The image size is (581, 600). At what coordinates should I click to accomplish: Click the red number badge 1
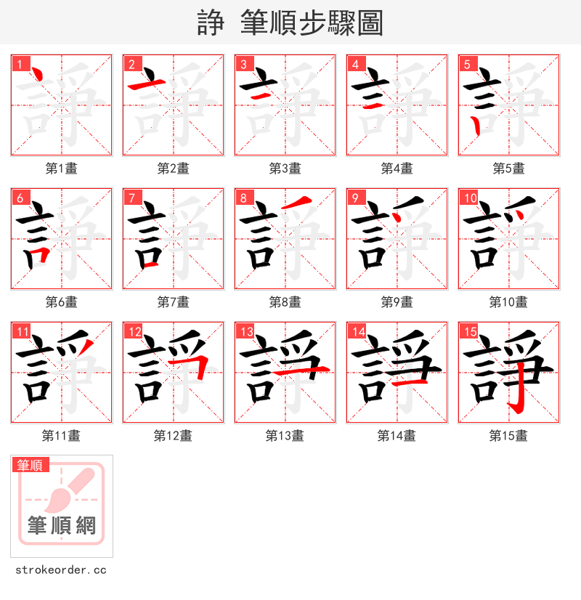[x=20, y=64]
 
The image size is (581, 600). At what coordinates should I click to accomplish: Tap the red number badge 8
[x=243, y=198]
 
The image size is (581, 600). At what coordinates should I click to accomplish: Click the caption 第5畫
[x=508, y=169]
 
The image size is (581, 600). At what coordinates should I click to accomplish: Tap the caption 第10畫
[x=508, y=302]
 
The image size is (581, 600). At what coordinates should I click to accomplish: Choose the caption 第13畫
[x=285, y=436]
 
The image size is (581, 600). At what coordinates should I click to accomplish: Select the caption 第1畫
[x=61, y=169]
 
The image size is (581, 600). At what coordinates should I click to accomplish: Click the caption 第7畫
[x=173, y=302]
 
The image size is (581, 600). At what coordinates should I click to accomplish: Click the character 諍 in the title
[x=211, y=23]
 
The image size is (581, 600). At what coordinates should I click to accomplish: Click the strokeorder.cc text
[x=61, y=570]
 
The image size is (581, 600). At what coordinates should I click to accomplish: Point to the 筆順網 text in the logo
[x=62, y=524]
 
